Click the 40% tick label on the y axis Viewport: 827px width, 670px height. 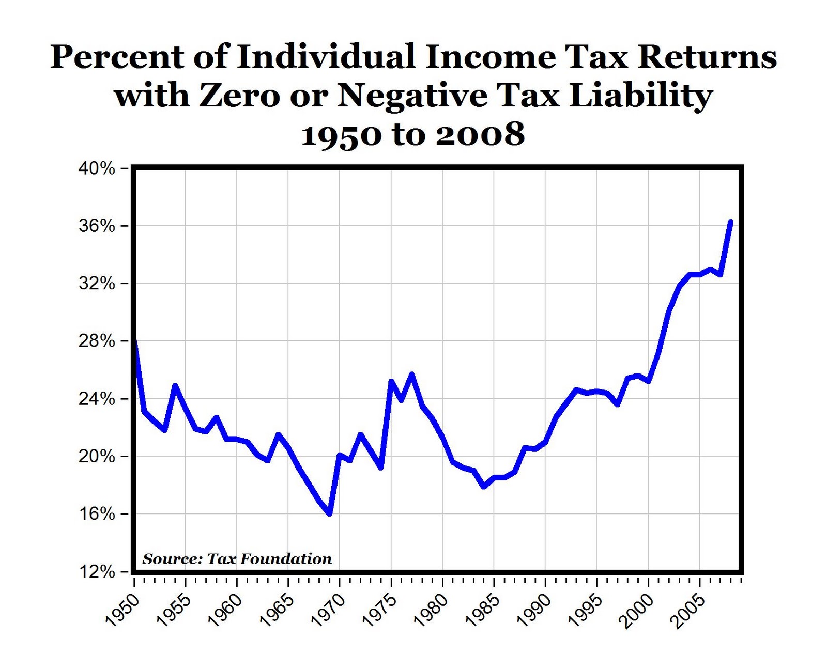point(96,169)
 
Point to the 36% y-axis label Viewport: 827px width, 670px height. point(96,226)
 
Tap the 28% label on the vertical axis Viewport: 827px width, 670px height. point(96,341)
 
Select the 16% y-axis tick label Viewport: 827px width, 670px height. point(96,514)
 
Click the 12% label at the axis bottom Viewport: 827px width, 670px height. point(96,572)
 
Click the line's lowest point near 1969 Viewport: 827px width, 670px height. point(329,513)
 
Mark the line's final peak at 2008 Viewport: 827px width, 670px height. point(730,222)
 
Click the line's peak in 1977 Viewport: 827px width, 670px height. point(411,375)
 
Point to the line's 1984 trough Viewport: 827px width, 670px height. point(484,486)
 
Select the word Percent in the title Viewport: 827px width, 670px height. point(117,57)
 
